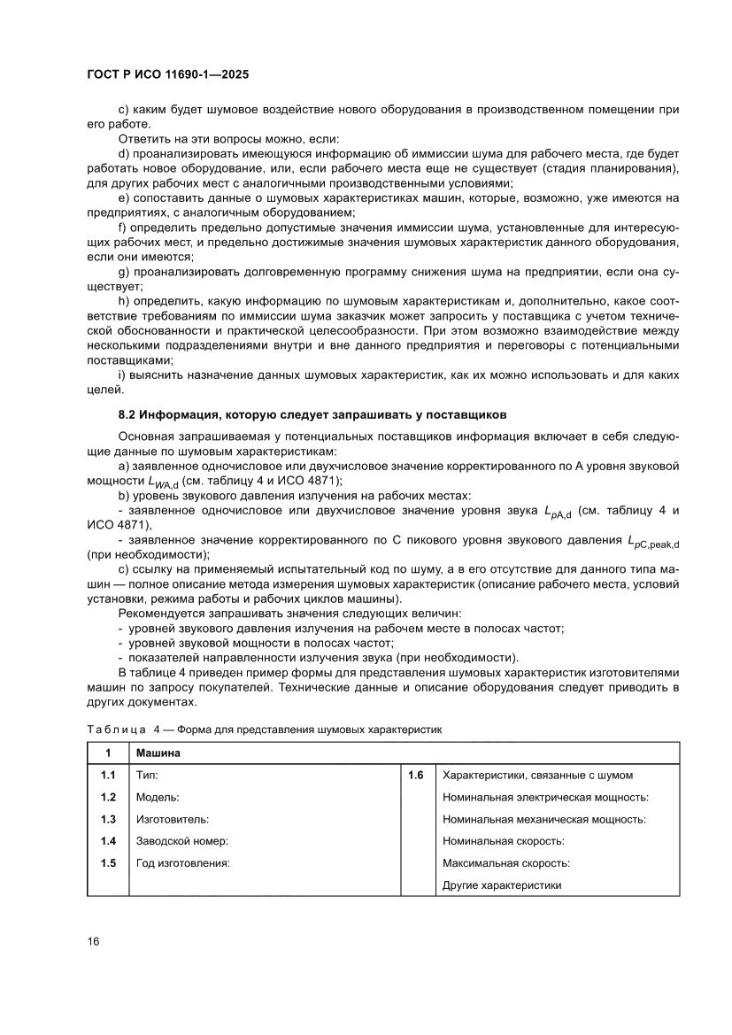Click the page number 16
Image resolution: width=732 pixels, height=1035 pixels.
[x=93, y=941]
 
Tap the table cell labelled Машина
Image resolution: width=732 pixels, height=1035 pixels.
[x=158, y=753]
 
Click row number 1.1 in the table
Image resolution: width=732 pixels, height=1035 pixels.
[x=108, y=775]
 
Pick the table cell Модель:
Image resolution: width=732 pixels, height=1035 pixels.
[x=158, y=797]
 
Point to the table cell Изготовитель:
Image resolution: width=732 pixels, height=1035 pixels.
[x=172, y=819]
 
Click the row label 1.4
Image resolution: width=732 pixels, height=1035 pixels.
[x=108, y=840]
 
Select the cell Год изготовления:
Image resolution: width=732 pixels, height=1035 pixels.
[x=182, y=862]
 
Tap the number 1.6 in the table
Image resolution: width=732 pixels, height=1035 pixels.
[x=416, y=775]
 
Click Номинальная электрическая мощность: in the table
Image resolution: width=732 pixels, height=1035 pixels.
[x=545, y=797]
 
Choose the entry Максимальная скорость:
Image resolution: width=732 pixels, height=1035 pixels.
[x=505, y=862]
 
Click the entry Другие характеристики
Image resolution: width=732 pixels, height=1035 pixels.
[x=502, y=884]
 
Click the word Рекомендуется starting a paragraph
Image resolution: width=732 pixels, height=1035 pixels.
[x=160, y=613]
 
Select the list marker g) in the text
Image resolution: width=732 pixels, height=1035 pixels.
[x=124, y=272]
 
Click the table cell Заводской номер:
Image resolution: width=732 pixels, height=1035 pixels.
[x=181, y=840]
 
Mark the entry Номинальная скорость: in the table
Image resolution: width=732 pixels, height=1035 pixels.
[x=503, y=840]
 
